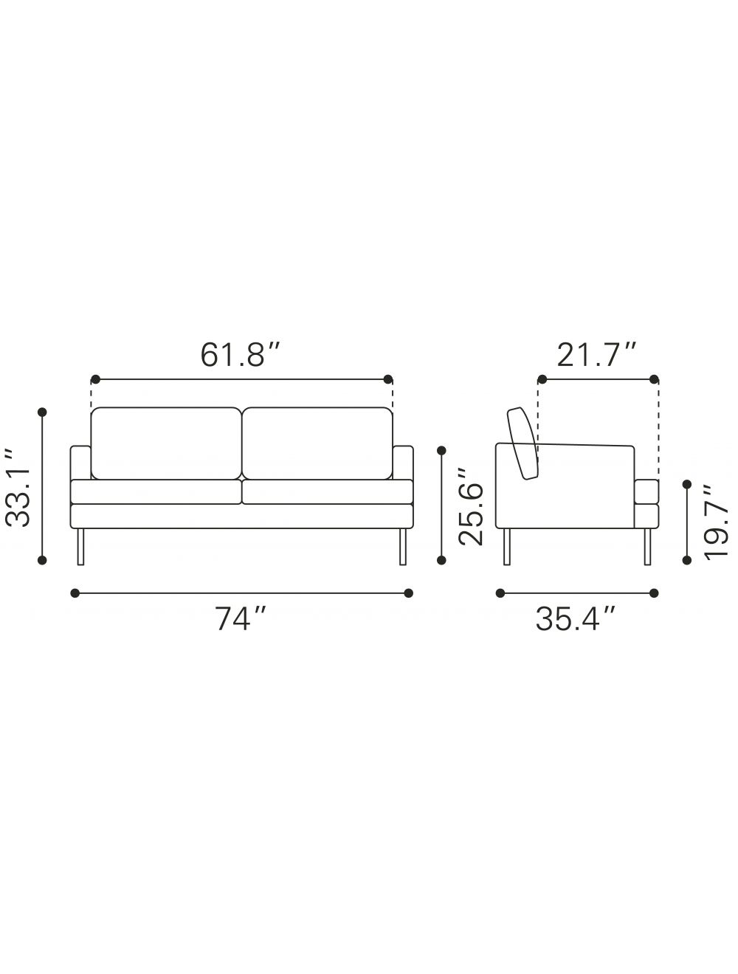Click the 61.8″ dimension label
pos(241,356)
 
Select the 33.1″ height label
pos(18,487)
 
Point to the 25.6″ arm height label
pos(470,506)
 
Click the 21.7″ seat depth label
pos(596,356)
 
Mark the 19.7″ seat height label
pos(715,521)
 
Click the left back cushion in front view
pos(166,443)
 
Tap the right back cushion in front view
pos(317,443)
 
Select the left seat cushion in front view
pos(156,491)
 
